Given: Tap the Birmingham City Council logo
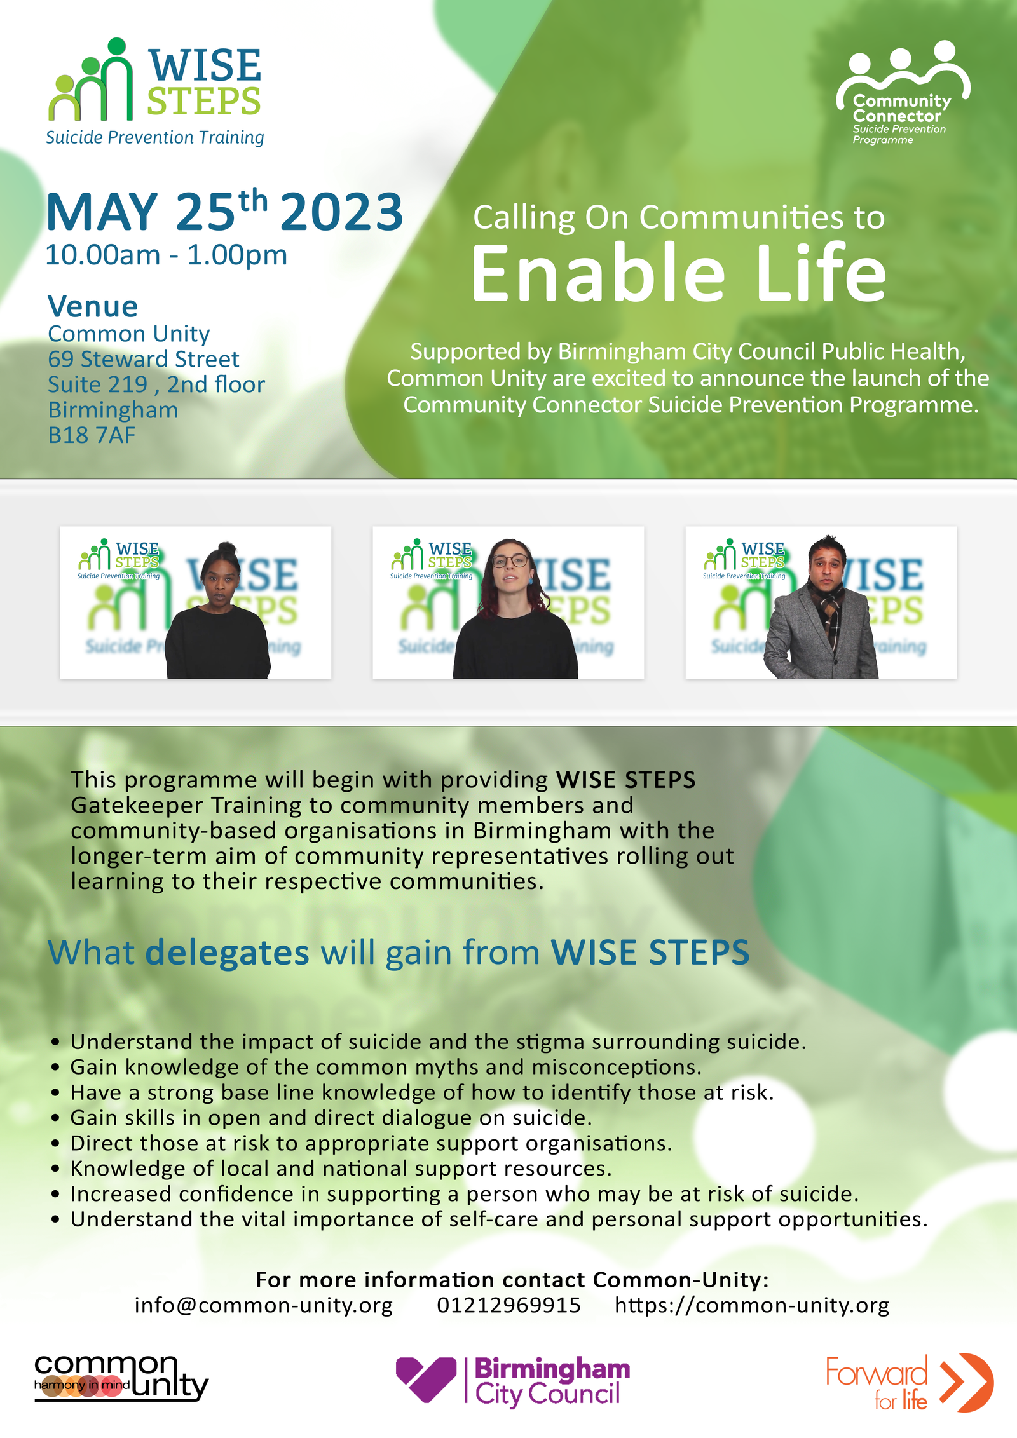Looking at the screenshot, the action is tap(512, 1380).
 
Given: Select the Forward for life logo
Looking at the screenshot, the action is tap(909, 1383).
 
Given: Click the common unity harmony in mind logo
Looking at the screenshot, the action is tap(121, 1378).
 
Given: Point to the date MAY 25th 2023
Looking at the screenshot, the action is tap(224, 211).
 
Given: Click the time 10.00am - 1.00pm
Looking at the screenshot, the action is tap(167, 255).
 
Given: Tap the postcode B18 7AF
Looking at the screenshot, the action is tap(92, 435).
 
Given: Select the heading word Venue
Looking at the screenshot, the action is tap(93, 306).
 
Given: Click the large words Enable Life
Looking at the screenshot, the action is tap(678, 273).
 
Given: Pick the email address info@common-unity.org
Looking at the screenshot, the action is tap(264, 1305).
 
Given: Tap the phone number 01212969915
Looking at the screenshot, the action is tap(508, 1305).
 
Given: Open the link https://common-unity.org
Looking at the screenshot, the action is tap(752, 1305).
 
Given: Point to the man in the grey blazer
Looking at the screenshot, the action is tap(822, 607).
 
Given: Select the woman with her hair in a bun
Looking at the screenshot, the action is tap(217, 610).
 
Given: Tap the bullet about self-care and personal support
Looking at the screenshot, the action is tap(489, 1219).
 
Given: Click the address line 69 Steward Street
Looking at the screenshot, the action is tap(144, 359).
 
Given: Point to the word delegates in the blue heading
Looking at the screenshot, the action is tap(227, 953).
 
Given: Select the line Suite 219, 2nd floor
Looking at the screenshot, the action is tap(156, 384).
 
